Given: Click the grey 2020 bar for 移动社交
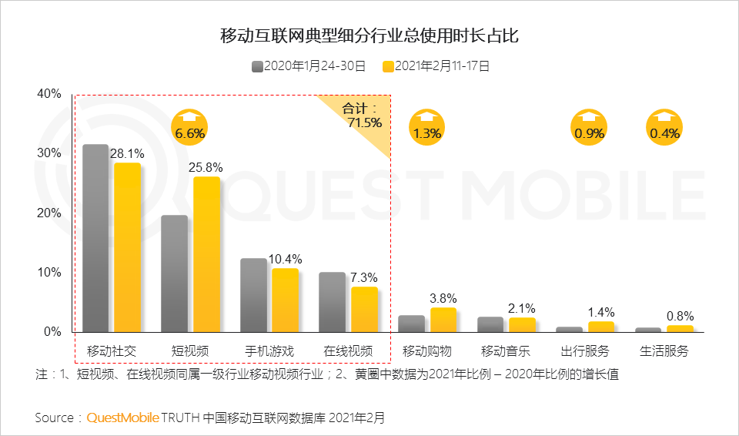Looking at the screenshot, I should pos(95,238).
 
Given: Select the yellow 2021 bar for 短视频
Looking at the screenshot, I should pos(206,254).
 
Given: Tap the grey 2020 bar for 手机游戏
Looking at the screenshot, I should pos(253,295).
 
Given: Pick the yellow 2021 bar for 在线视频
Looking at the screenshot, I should pos(365,309).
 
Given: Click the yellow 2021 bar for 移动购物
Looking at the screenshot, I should pos(443,320).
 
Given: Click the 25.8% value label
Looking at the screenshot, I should pos(207,167).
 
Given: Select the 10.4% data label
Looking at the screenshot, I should pos(286,259).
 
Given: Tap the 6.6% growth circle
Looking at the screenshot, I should pos(189,127).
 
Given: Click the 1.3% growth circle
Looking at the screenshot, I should pos(426,127).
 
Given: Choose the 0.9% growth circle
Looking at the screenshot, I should pos(589,127).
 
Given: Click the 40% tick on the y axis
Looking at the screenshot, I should pos(48,94).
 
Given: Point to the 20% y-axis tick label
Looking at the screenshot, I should pos(48,213).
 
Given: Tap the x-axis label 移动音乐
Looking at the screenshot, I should pos(506,351).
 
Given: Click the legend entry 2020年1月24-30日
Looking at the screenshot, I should pos(308,66).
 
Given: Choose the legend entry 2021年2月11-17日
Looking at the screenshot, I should pos(436,66).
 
